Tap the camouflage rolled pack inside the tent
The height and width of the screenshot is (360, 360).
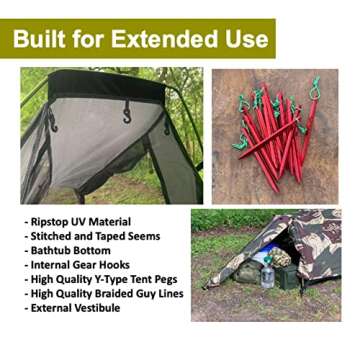283,256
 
